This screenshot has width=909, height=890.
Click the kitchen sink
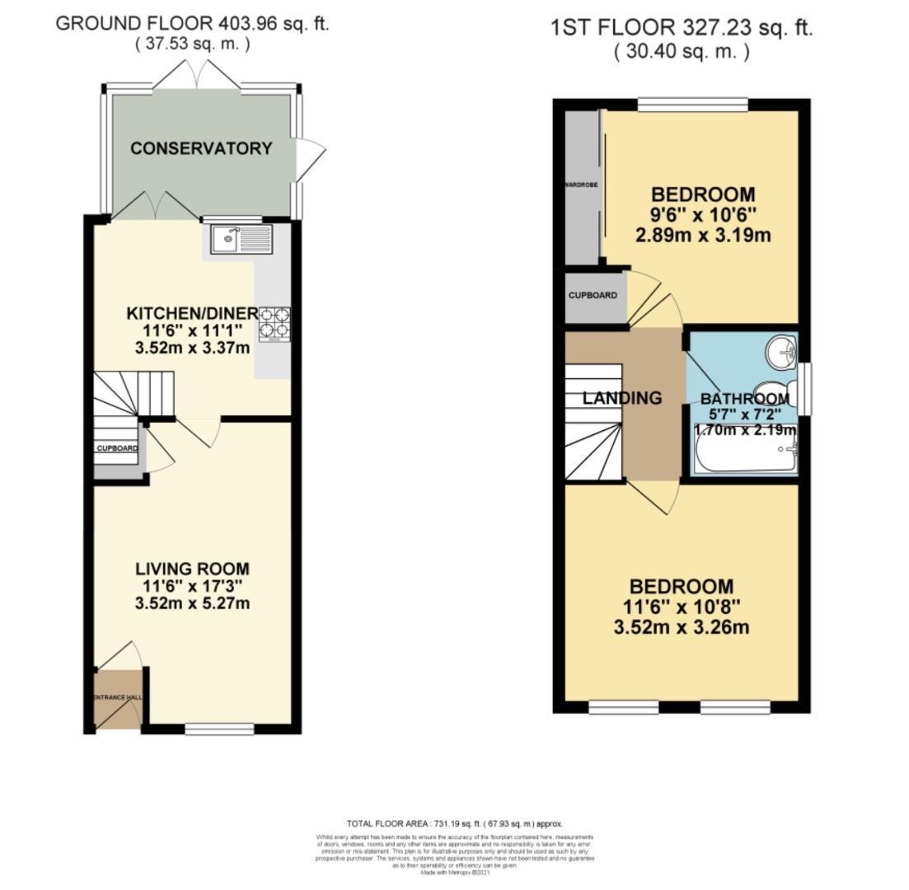pos(240,240)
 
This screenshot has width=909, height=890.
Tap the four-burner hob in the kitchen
pos(275,324)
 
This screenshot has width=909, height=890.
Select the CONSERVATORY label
pos(200,148)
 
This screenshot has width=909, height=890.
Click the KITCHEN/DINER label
pos(192,313)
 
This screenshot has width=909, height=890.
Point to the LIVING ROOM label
pos(192,569)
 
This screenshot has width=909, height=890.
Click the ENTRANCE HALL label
pos(117,697)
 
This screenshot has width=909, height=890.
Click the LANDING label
pos(622,398)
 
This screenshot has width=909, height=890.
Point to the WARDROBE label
pos(580,185)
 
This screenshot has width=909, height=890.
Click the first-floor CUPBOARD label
pos(593,295)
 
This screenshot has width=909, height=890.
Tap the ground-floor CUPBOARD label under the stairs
pos(117,448)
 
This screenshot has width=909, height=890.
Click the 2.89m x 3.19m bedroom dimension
pos(703,236)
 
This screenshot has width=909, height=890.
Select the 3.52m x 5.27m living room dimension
pos(192,603)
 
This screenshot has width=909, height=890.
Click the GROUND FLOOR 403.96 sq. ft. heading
pos(192,23)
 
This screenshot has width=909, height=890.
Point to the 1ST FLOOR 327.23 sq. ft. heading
pos(682,28)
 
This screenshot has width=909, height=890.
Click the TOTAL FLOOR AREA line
pos(454,823)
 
